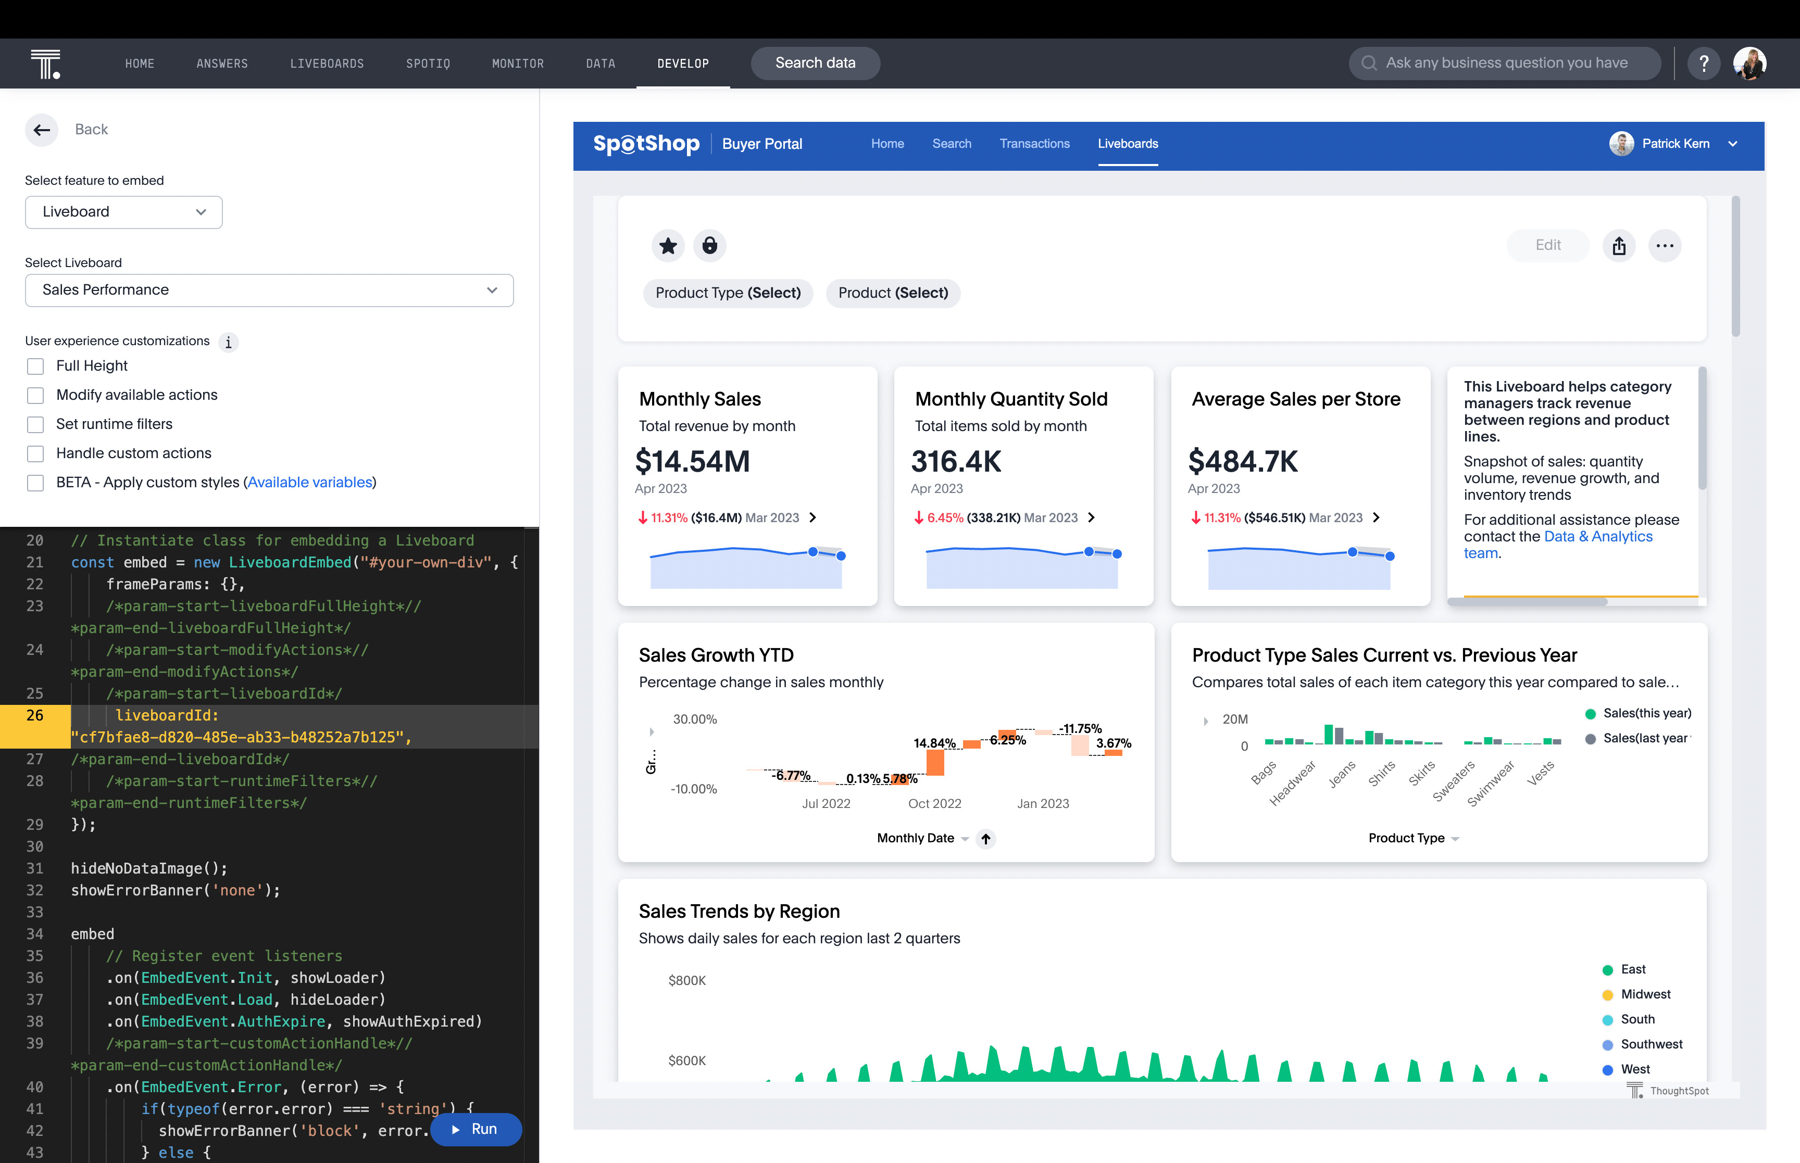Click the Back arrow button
pos(42,130)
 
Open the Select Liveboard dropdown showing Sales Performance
pos(269,290)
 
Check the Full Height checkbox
pos(35,366)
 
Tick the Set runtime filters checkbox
pos(35,424)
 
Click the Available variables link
pos(310,483)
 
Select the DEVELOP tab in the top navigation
pos(682,64)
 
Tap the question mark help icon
pos(1703,64)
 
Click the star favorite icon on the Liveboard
pos(668,245)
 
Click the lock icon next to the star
pos(709,245)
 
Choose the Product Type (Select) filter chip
pos(728,293)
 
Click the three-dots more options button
pos(1664,245)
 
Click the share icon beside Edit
pos(1619,245)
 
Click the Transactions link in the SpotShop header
pos(1034,144)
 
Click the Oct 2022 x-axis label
pos(934,803)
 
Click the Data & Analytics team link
pos(1597,537)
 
